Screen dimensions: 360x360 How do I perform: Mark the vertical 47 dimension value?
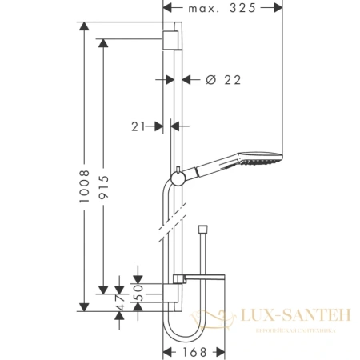click(118, 302)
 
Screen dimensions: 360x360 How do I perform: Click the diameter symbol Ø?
click(210, 80)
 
